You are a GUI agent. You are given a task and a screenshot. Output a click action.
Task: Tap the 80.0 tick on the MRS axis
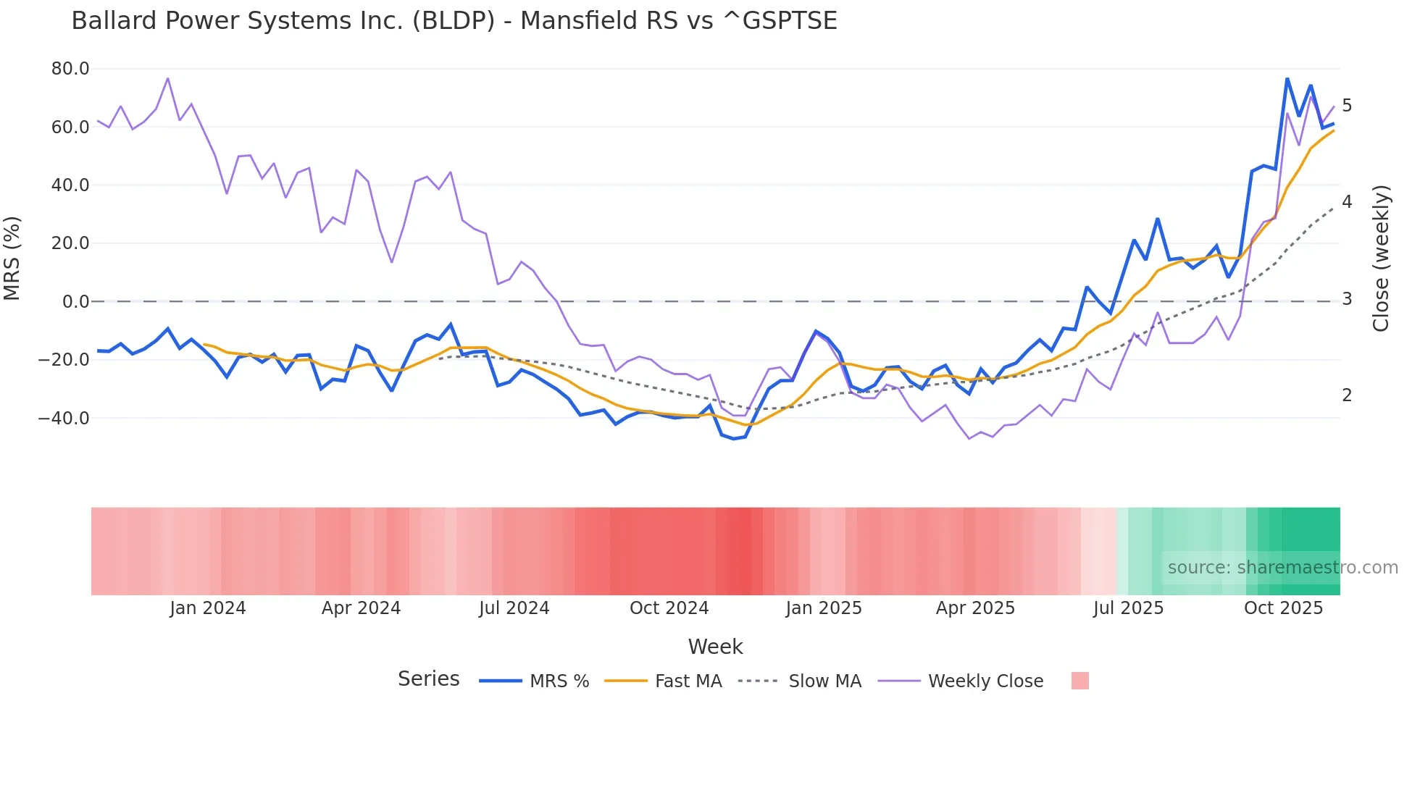pos(70,69)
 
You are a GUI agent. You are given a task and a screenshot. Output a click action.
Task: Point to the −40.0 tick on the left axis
pos(64,418)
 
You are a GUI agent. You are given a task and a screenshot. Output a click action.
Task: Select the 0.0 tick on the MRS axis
pos(76,301)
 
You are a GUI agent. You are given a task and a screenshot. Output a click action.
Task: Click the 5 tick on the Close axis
pos(1347,106)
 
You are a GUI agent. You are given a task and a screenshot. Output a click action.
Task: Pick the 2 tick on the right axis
pos(1347,395)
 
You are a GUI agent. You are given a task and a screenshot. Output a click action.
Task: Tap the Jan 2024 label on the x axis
pos(208,608)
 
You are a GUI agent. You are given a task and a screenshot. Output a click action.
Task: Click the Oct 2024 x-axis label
pos(669,608)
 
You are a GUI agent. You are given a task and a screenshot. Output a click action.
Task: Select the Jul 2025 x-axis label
pos(1128,608)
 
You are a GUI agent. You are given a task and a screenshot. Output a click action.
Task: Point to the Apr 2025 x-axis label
pos(975,608)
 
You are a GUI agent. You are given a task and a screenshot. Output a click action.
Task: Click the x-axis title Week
pos(715,647)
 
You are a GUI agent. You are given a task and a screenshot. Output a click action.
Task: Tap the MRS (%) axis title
pos(12,258)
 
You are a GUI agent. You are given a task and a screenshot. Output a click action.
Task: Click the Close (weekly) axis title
pos(1381,259)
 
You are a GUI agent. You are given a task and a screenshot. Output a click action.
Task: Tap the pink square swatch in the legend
pos(1079,681)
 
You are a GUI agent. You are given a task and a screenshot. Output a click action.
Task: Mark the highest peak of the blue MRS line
pos(1287,78)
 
